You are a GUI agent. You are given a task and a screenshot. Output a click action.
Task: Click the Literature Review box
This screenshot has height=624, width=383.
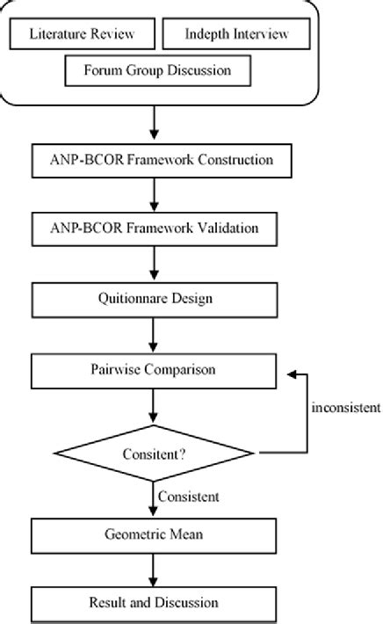[82, 33]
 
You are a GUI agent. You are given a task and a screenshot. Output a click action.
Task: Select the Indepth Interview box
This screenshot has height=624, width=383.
[236, 33]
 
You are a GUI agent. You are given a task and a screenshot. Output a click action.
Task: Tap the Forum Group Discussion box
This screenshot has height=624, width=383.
[158, 70]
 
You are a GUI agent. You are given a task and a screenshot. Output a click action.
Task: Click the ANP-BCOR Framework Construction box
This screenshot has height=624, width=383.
[162, 161]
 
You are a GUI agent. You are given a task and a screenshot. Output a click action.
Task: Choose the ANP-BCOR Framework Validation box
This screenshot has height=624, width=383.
[155, 229]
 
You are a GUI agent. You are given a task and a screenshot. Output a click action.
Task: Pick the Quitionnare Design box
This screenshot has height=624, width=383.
[155, 300]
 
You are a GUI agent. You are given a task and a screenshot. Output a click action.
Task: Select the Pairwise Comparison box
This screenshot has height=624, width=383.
[154, 371]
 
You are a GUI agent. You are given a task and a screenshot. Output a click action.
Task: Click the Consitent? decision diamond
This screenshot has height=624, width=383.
[154, 453]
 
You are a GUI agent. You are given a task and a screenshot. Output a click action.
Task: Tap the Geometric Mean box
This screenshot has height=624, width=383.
[154, 535]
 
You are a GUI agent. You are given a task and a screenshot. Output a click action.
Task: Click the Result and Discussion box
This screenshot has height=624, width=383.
[154, 604]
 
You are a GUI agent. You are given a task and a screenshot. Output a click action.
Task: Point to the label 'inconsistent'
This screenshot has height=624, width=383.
[346, 408]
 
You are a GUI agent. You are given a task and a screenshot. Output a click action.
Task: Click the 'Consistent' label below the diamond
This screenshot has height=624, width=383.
[189, 497]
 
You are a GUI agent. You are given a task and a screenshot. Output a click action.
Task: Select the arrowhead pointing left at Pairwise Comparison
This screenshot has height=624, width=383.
[292, 374]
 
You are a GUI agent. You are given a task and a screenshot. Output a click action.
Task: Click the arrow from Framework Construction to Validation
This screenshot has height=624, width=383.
[154, 195]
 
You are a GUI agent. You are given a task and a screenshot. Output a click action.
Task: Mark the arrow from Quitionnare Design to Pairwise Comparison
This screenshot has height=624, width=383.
[153, 336]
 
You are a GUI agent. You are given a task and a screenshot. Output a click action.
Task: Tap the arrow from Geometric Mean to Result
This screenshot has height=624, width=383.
[153, 570]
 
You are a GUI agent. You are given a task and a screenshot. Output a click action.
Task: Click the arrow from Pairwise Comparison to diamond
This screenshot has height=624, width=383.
[153, 406]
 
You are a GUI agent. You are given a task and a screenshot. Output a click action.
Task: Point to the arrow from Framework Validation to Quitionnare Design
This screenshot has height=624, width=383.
[154, 264]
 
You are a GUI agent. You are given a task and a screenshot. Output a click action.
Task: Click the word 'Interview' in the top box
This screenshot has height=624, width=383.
[261, 33]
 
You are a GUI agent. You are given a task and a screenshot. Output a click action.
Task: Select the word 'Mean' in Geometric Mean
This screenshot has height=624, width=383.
[186, 534]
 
